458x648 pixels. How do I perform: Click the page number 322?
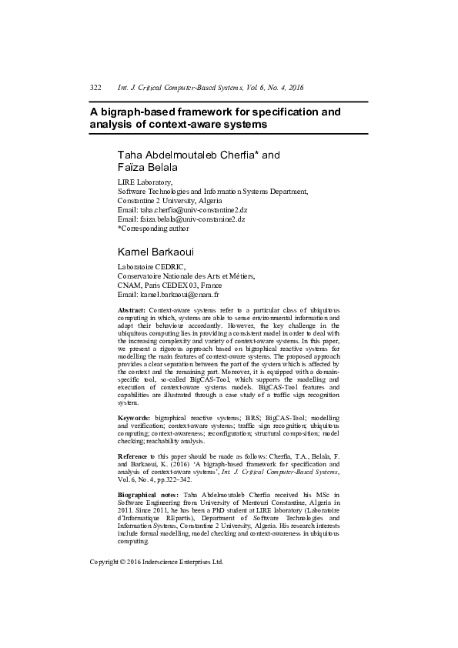[x=96, y=89]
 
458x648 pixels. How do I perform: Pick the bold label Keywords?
[x=134, y=416]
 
